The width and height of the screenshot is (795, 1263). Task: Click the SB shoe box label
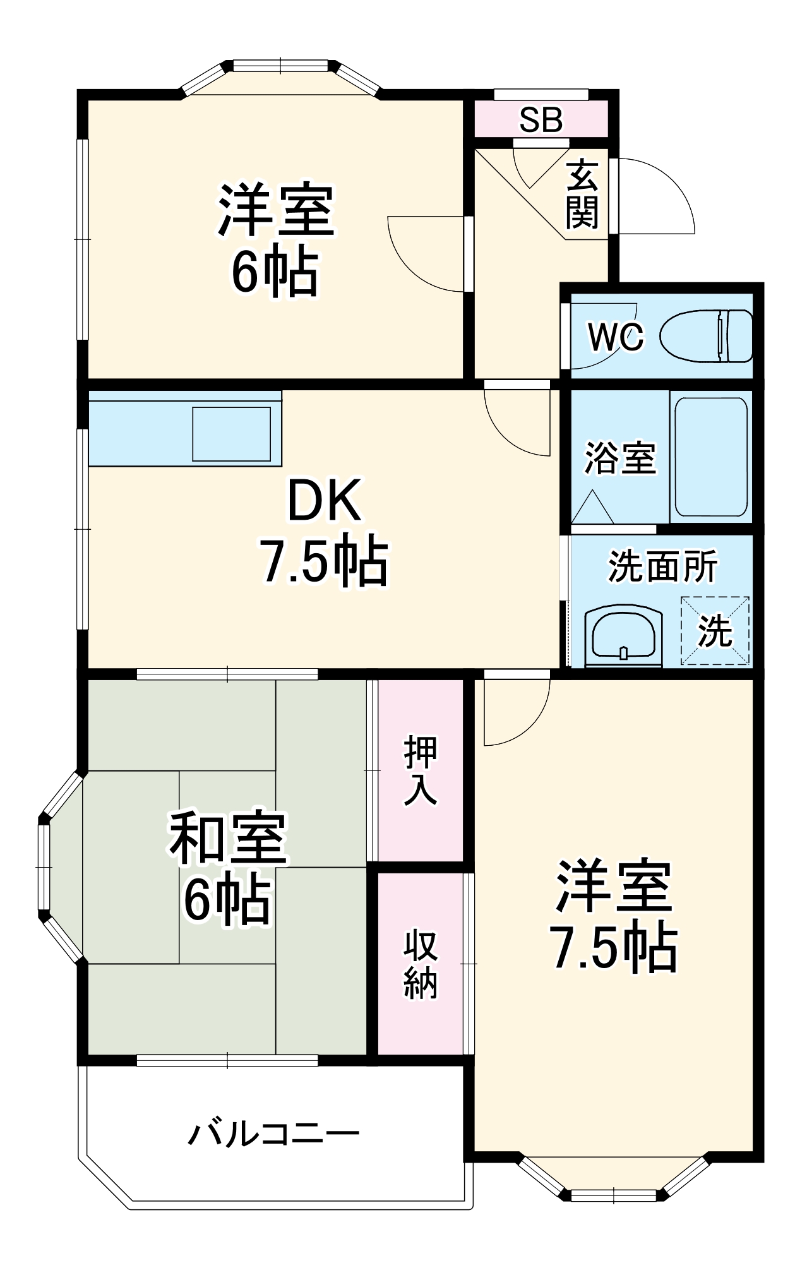(541, 120)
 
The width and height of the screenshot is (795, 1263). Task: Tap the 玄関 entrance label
(582, 195)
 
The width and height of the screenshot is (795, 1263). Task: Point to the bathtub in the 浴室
(711, 456)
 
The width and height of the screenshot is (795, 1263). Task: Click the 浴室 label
(620, 458)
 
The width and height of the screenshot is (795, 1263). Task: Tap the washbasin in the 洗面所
(623, 637)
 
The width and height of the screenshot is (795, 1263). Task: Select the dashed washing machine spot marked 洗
(715, 631)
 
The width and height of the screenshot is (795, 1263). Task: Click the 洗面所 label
(662, 566)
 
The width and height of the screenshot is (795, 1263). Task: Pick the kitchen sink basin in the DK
(231, 434)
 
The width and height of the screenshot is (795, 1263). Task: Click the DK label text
(325, 501)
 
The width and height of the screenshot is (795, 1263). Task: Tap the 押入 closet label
(421, 770)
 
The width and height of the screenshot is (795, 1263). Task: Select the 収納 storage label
(421, 964)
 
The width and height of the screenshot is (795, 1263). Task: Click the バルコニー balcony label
(273, 1135)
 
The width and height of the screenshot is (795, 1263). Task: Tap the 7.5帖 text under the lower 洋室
(614, 948)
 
